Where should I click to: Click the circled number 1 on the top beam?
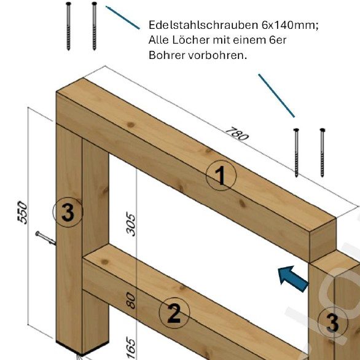(x=221, y=175)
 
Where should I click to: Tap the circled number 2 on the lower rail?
(x=174, y=313)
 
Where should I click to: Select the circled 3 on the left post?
(x=68, y=212)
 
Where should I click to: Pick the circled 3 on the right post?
(x=333, y=322)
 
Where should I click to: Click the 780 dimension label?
(x=237, y=134)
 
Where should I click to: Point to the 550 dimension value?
(x=22, y=213)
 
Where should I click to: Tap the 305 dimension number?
(x=131, y=225)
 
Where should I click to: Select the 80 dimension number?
(x=131, y=300)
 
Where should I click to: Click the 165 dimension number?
(x=131, y=348)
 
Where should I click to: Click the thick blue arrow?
(x=293, y=279)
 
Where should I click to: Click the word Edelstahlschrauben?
(x=203, y=25)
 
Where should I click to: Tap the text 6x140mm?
(x=290, y=25)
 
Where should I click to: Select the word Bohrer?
(x=166, y=55)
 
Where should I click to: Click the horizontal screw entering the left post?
(x=45, y=238)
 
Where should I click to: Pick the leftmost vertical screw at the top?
(x=68, y=26)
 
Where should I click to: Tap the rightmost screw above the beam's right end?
(x=323, y=153)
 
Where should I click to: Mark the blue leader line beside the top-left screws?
(x=123, y=18)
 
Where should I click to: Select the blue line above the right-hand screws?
(x=276, y=95)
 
